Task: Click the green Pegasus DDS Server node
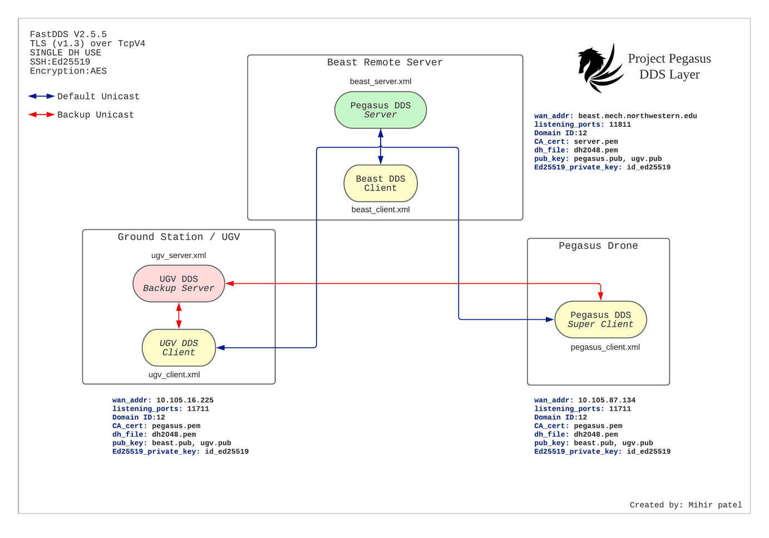[380, 110]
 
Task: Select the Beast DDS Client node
[380, 184]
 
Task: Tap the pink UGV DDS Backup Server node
[179, 284]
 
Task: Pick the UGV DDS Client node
[179, 348]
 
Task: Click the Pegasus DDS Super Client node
[600, 320]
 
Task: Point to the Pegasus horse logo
[599, 68]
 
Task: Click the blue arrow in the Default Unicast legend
[41, 96]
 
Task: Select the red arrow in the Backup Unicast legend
[41, 115]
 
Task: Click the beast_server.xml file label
[380, 81]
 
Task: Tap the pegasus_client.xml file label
[605, 347]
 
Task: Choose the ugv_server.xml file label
[179, 255]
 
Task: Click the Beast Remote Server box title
[384, 62]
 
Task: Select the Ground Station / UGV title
[179, 237]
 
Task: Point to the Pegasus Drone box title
[598, 246]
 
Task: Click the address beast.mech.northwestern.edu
[637, 116]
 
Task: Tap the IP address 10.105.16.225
[185, 400]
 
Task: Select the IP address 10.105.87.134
[607, 400]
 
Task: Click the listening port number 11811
[620, 125]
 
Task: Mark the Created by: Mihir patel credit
[686, 505]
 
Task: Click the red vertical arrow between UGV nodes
[179, 315]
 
